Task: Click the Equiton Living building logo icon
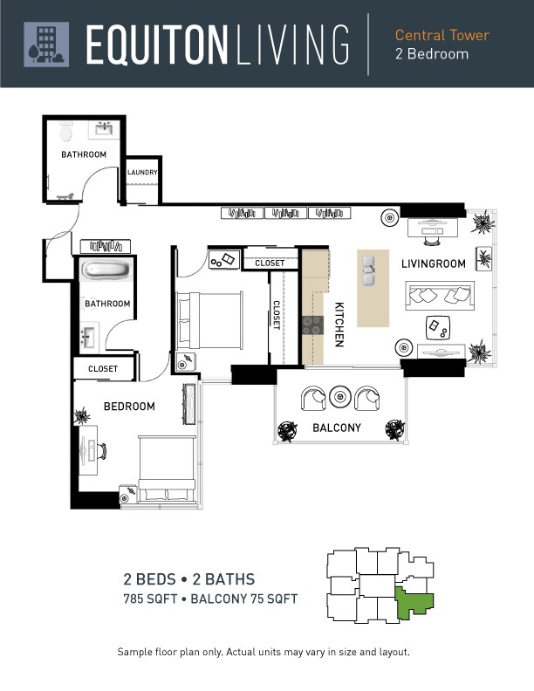point(46,44)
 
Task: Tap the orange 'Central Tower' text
point(442,35)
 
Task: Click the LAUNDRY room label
point(142,172)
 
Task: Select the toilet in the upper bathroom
point(65,132)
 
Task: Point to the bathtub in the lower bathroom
point(106,269)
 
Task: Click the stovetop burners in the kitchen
point(313,325)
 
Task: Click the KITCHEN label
point(339,325)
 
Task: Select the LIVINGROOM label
point(433,263)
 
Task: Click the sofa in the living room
point(440,295)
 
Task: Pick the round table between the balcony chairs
point(340,397)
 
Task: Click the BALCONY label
point(337,428)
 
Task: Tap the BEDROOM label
point(129,406)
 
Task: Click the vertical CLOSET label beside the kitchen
point(277,315)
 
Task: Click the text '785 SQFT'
point(150,599)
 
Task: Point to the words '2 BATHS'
point(223,579)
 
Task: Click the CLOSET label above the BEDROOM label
point(103,369)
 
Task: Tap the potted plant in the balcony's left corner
point(287,430)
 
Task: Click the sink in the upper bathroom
point(104,129)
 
